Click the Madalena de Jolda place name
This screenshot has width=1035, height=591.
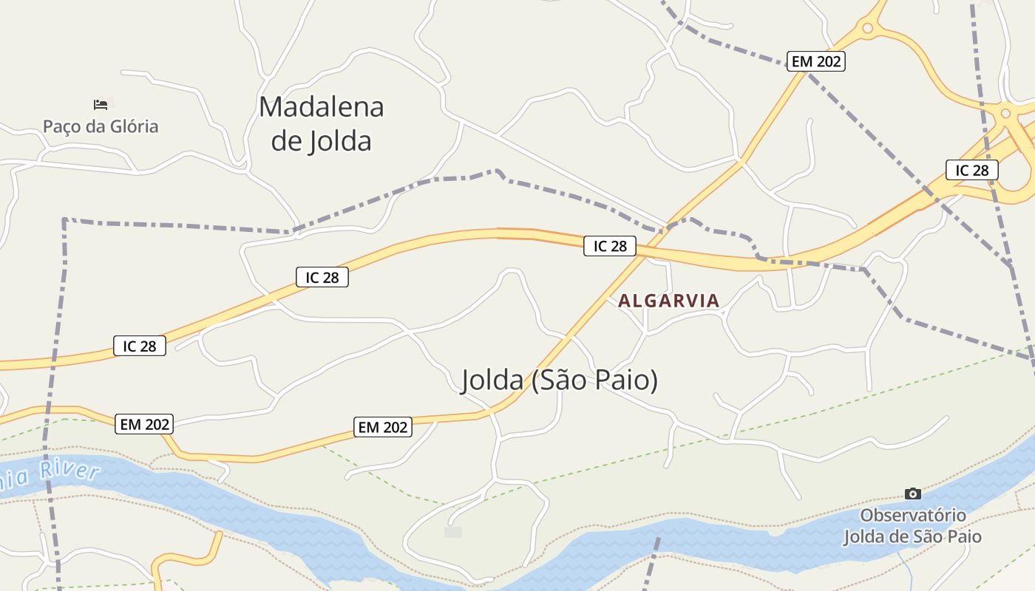click(321, 123)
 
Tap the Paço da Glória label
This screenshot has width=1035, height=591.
click(101, 126)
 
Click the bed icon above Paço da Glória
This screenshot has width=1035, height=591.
click(101, 104)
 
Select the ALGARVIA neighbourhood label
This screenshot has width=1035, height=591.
click(668, 301)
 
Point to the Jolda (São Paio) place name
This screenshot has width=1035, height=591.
click(560, 380)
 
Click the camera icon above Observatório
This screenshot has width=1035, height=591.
click(913, 493)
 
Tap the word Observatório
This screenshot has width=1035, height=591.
click(913, 515)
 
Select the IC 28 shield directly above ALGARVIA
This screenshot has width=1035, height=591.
click(610, 246)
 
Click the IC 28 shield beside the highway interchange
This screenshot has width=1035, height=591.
click(971, 170)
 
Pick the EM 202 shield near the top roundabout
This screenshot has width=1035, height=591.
click(816, 61)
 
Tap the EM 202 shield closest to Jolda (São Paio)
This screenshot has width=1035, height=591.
click(383, 427)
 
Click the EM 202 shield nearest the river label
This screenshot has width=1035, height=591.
click(145, 424)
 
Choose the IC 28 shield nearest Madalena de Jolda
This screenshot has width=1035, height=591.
click(322, 277)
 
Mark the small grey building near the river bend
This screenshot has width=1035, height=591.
click(453, 532)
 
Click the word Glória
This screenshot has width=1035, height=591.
click(133, 126)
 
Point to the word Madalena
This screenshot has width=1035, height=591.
click(321, 107)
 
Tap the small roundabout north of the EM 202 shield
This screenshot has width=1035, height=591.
click(867, 29)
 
